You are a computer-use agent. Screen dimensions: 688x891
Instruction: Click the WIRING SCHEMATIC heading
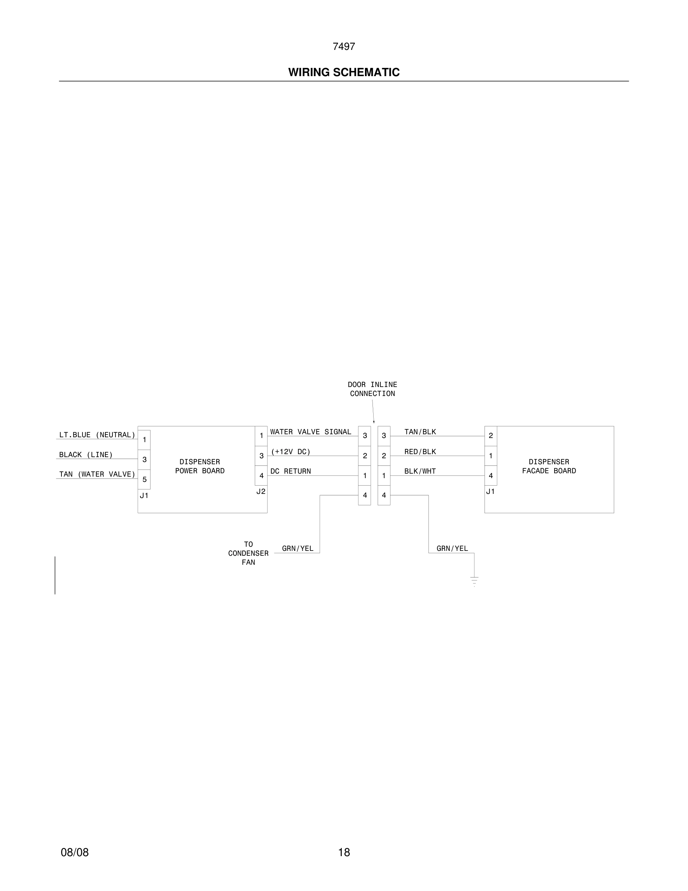344,72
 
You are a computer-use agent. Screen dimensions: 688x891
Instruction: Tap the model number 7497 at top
344,46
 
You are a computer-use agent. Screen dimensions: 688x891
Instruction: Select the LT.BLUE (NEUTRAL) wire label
97,435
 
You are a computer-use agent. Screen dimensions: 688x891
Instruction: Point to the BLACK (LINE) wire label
85,454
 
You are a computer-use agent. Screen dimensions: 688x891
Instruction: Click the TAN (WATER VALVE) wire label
97,474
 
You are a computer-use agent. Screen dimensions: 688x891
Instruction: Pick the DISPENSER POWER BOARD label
200,466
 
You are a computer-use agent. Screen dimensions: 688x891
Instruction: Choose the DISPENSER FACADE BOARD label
549,466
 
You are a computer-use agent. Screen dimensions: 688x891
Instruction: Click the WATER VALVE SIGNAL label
311,432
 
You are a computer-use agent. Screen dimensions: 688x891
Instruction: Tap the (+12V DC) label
291,451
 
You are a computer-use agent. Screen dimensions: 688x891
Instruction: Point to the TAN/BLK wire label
420,432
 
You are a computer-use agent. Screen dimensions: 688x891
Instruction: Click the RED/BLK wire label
420,451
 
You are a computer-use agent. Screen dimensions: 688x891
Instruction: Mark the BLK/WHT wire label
420,471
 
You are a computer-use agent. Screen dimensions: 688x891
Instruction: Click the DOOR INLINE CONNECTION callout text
372,389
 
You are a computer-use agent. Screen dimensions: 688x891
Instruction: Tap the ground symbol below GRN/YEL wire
474,581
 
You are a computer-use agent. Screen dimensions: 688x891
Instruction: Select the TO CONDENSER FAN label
248,553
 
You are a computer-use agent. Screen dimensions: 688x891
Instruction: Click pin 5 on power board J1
144,479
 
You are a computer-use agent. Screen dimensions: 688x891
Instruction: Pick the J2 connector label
261,492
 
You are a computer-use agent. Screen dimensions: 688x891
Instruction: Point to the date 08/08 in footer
75,852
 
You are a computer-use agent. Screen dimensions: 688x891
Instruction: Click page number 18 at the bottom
344,852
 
